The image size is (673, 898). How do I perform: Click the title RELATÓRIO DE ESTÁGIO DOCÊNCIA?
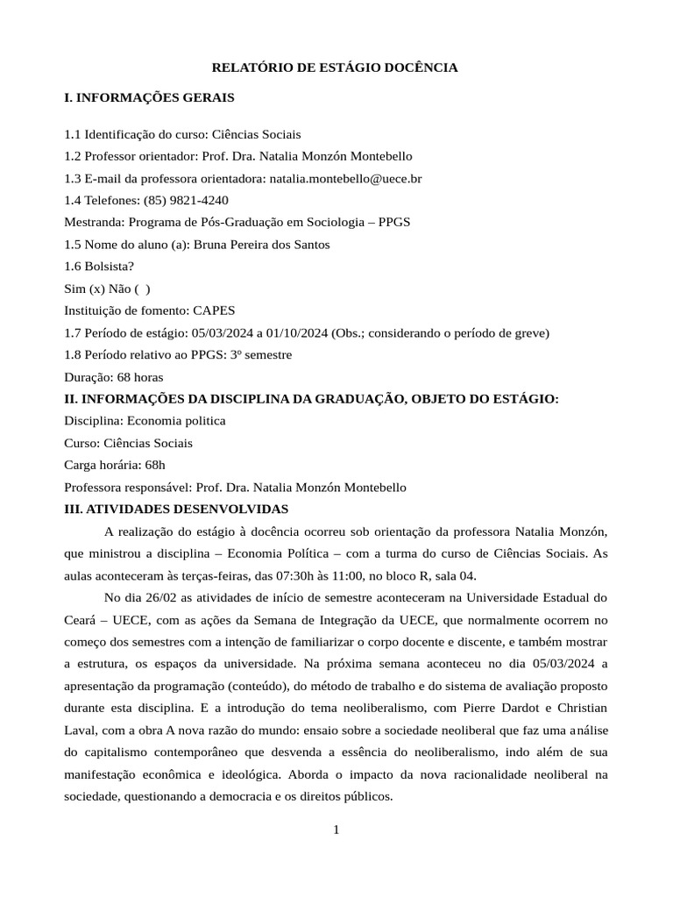336,67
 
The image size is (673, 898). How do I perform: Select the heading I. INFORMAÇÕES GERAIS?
150,97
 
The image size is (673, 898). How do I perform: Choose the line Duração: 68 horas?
114,377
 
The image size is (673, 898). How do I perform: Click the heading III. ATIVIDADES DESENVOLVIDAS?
176,509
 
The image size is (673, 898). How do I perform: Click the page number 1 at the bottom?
336,830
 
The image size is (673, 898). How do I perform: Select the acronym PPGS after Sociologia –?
394,222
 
